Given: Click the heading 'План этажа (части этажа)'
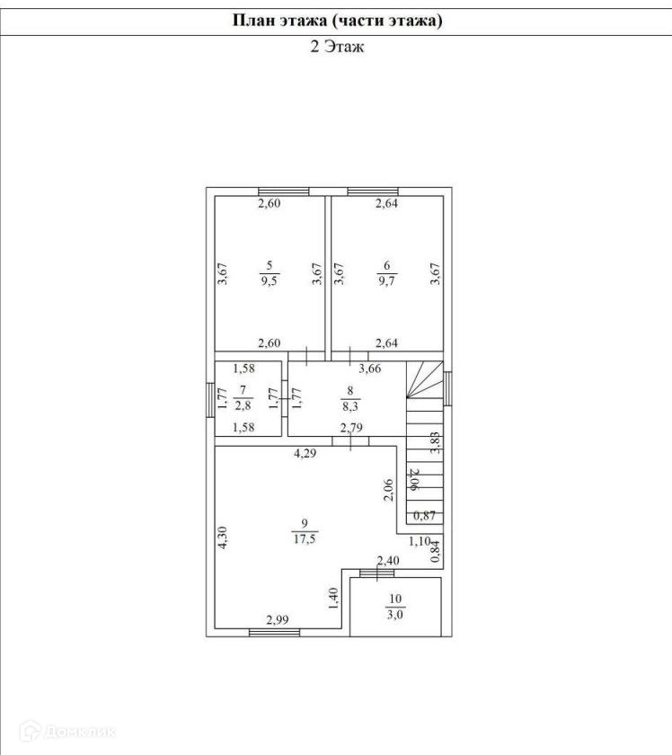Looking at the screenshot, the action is click(x=336, y=20).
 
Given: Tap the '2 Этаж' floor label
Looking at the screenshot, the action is click(x=336, y=48).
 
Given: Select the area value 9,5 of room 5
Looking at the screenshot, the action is click(x=269, y=281).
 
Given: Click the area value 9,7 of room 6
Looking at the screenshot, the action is click(x=386, y=281).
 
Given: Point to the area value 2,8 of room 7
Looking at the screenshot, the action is click(x=243, y=405).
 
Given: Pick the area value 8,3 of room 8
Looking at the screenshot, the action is click(x=351, y=405).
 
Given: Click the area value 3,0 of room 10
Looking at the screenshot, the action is click(x=396, y=615).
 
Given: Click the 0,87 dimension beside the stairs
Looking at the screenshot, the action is click(x=424, y=516).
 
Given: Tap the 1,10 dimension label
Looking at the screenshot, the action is click(x=420, y=541).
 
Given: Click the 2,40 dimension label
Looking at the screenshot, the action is click(x=387, y=561).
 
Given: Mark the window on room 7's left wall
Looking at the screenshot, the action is click(x=211, y=396).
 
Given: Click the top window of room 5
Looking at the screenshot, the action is click(x=283, y=191).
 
